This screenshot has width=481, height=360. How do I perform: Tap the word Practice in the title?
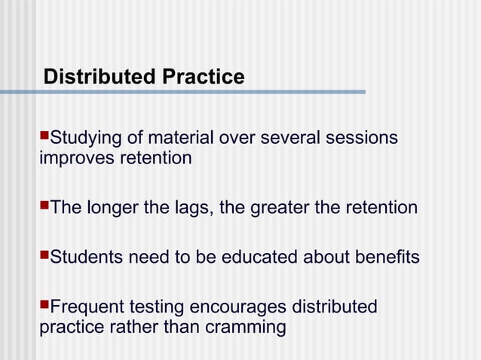tap(201, 77)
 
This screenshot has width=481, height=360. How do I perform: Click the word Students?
tap(85, 258)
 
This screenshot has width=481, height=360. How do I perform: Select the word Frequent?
tap(84, 307)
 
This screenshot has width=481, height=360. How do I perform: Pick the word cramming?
tap(249, 327)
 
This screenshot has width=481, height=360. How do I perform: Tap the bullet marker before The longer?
tap(43, 206)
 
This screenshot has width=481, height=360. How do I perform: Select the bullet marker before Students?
tap(43, 257)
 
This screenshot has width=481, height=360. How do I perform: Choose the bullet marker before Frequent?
tap(43, 307)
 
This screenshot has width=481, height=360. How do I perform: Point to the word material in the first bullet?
tap(182, 139)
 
